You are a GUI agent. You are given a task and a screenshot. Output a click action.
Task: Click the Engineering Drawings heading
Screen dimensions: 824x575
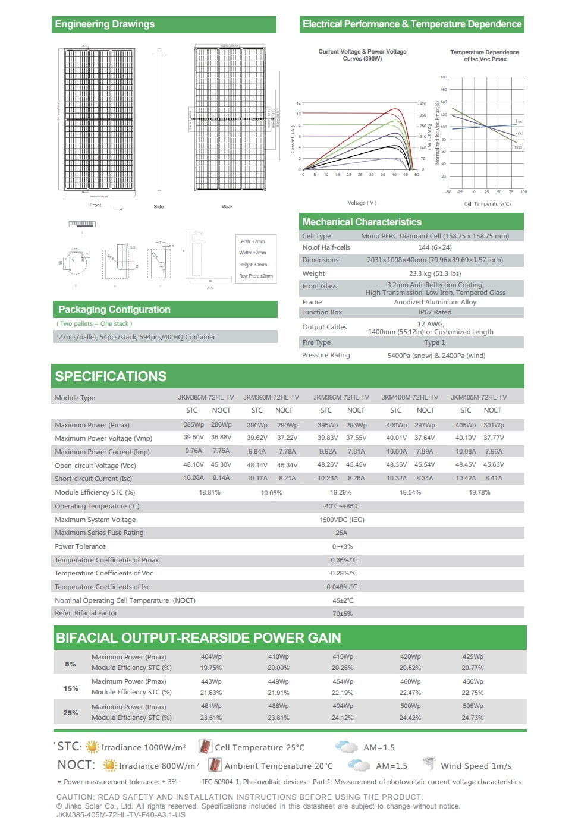pyautogui.click(x=105, y=24)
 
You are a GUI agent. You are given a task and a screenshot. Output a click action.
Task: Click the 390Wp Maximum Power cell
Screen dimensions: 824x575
pyautogui.click(x=257, y=425)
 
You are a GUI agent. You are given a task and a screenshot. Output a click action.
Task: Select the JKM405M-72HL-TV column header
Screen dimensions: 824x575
pyautogui.click(x=479, y=397)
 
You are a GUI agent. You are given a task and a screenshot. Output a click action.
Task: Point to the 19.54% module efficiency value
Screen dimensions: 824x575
pyautogui.click(x=410, y=492)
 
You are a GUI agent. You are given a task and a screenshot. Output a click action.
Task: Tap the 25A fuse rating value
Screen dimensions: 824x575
pyautogui.click(x=341, y=533)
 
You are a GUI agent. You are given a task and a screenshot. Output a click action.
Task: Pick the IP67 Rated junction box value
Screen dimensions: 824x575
pyautogui.click(x=435, y=312)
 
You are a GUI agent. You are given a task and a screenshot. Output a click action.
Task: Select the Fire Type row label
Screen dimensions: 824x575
pyautogui.click(x=316, y=342)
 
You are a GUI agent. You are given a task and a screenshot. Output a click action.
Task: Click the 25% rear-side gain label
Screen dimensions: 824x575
pyautogui.click(x=71, y=712)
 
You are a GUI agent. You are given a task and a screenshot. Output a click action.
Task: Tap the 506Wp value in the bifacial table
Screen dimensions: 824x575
pyautogui.click(x=473, y=706)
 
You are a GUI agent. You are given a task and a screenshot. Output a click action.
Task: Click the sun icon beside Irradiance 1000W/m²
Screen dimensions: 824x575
pyautogui.click(x=92, y=747)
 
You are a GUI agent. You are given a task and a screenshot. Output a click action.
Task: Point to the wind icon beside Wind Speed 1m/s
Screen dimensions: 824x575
pyautogui.click(x=429, y=765)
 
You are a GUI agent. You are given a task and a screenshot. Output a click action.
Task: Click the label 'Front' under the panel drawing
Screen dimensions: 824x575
pyautogui.click(x=95, y=205)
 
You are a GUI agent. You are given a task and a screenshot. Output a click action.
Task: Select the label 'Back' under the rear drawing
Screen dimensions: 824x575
pyautogui.click(x=227, y=206)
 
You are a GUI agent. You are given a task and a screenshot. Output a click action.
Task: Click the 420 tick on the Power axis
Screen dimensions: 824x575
pyautogui.click(x=423, y=104)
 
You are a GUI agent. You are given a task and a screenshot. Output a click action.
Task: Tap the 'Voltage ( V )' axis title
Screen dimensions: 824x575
pyautogui.click(x=362, y=203)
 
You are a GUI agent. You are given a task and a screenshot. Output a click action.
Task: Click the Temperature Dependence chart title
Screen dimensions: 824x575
pyautogui.click(x=484, y=55)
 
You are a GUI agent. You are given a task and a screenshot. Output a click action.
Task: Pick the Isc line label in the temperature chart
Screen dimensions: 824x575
pyautogui.click(x=519, y=121)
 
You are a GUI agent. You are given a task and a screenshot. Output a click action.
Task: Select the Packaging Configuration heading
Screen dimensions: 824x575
pyautogui.click(x=114, y=309)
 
